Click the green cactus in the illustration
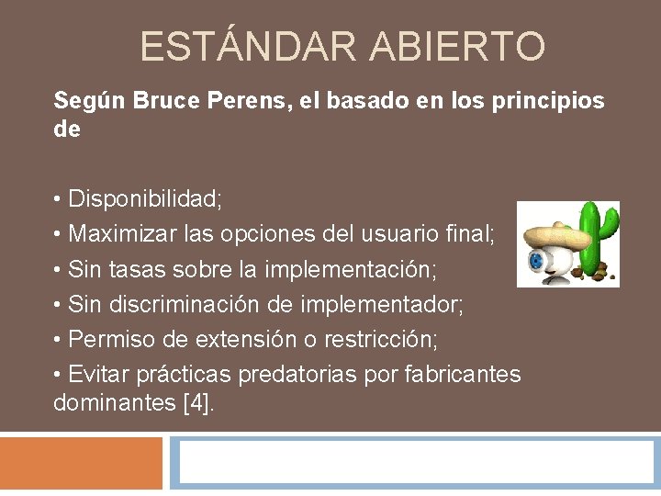pos(601,233)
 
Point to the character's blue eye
pos(536,260)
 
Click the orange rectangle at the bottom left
pos(81,463)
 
